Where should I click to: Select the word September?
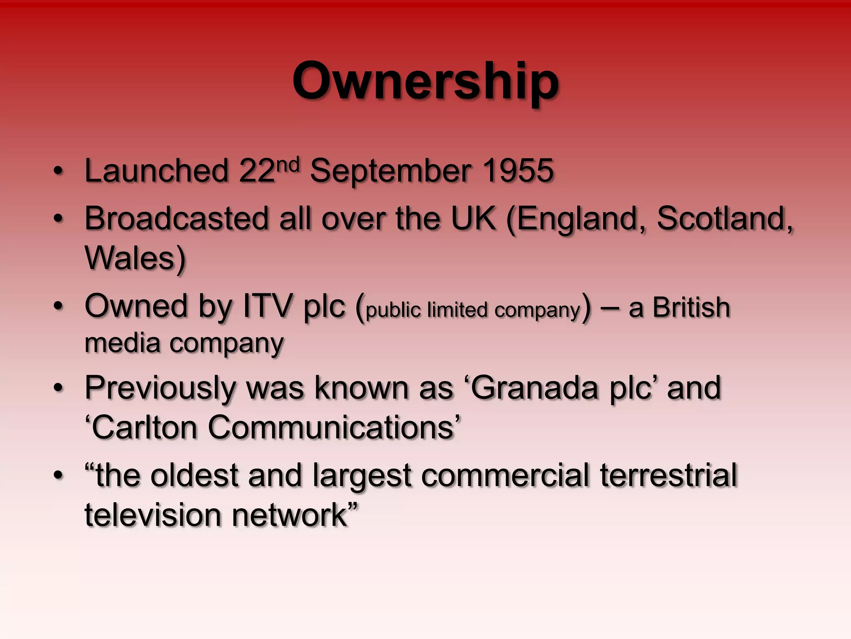390,171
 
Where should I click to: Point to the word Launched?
156,171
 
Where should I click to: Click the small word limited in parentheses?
457,310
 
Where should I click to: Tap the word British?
691,308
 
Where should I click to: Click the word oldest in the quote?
194,476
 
